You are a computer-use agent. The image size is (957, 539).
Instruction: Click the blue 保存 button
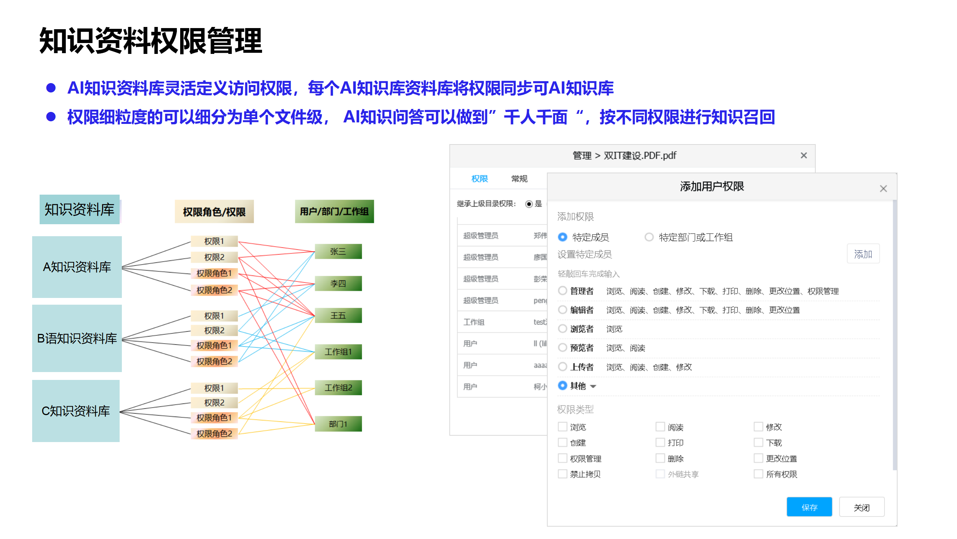click(x=809, y=507)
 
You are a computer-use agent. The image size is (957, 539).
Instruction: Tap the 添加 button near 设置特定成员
click(x=863, y=254)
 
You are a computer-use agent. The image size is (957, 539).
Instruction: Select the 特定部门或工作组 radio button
click(x=649, y=237)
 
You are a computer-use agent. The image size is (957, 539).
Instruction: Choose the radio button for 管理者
click(x=563, y=291)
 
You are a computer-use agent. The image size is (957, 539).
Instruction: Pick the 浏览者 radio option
click(x=563, y=329)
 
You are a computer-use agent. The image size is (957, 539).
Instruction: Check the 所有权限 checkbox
click(x=758, y=474)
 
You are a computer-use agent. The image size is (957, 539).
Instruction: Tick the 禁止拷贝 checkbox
click(x=563, y=474)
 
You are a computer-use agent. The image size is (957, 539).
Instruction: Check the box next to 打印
click(x=660, y=442)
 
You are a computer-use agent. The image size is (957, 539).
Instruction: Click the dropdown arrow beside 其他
click(x=593, y=386)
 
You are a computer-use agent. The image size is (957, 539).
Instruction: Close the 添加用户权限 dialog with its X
click(x=883, y=189)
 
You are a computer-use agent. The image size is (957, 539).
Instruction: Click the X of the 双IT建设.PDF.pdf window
click(x=804, y=155)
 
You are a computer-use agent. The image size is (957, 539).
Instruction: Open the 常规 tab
click(x=519, y=179)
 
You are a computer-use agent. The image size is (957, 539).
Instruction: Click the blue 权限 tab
click(x=480, y=179)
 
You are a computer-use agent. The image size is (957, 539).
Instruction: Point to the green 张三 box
click(x=338, y=252)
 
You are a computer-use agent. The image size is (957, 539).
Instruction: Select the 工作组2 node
click(x=338, y=388)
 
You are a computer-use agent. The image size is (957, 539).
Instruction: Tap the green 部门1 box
click(x=338, y=424)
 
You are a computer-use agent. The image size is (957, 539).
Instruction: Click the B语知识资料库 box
click(x=77, y=338)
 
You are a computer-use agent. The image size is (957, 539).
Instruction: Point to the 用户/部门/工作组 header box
click(x=334, y=211)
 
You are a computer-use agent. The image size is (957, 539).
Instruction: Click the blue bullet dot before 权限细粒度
click(x=51, y=117)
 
